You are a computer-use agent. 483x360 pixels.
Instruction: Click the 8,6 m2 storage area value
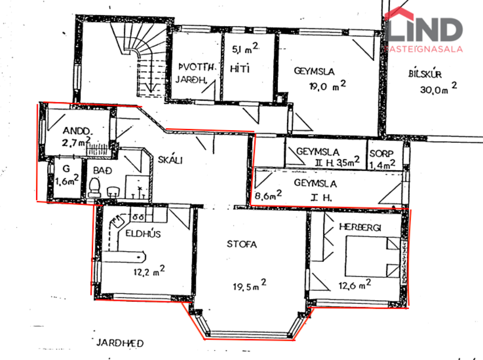click(268, 196)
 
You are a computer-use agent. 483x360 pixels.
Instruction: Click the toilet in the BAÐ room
click(95, 186)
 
